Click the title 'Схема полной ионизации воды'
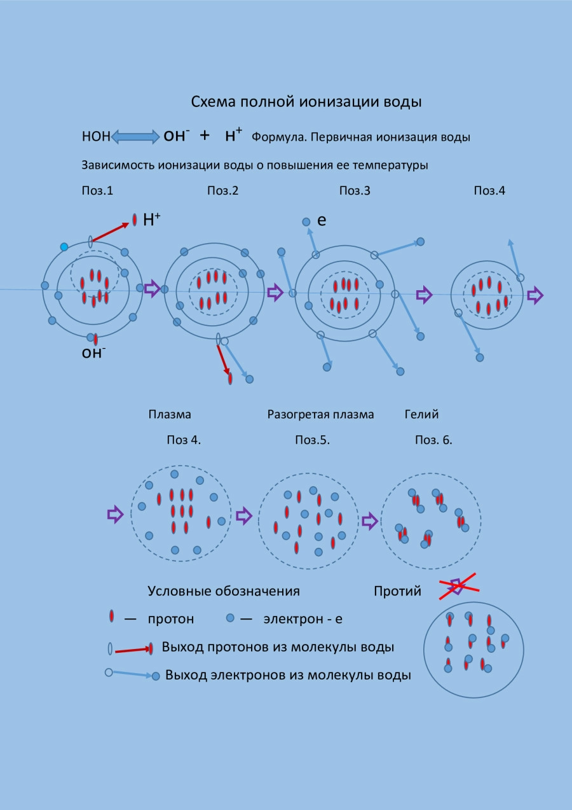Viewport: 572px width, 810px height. tap(306, 102)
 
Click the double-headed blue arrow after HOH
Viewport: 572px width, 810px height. tap(135, 136)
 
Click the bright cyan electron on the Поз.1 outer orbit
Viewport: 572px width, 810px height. tap(64, 247)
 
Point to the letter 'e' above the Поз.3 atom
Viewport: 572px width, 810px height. tap(322, 221)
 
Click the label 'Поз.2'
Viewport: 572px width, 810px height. tap(222, 190)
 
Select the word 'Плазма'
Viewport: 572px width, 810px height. tap(170, 414)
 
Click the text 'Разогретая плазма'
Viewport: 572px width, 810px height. tap(320, 414)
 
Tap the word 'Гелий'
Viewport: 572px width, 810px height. tap(421, 414)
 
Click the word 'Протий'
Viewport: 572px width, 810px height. tap(397, 591)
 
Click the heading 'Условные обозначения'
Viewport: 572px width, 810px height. tap(224, 591)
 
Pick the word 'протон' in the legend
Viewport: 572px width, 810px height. tap(171, 618)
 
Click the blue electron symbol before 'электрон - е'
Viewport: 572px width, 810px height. tap(231, 618)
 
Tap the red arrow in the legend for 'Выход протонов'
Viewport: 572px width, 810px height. tap(132, 650)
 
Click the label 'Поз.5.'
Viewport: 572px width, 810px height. tap(312, 440)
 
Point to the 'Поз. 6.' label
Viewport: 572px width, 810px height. tap(433, 440)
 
